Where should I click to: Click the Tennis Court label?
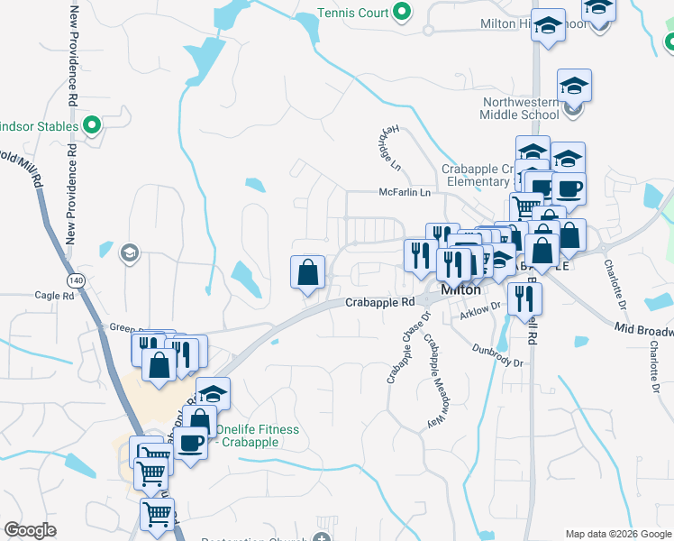tap(352, 14)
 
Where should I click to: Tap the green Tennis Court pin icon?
tap(403, 14)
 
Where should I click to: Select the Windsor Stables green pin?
tap(90, 126)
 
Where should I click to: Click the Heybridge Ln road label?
tap(386, 149)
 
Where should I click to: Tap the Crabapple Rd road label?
tap(379, 303)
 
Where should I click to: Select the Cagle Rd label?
tap(54, 296)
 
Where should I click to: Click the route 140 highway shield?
tap(78, 280)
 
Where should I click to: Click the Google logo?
tap(30, 530)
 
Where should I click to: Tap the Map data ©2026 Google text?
tap(617, 534)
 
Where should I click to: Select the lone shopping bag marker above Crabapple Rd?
tap(307, 271)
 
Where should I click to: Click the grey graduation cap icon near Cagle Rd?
tap(129, 252)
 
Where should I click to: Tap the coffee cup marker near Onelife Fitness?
tap(192, 443)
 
